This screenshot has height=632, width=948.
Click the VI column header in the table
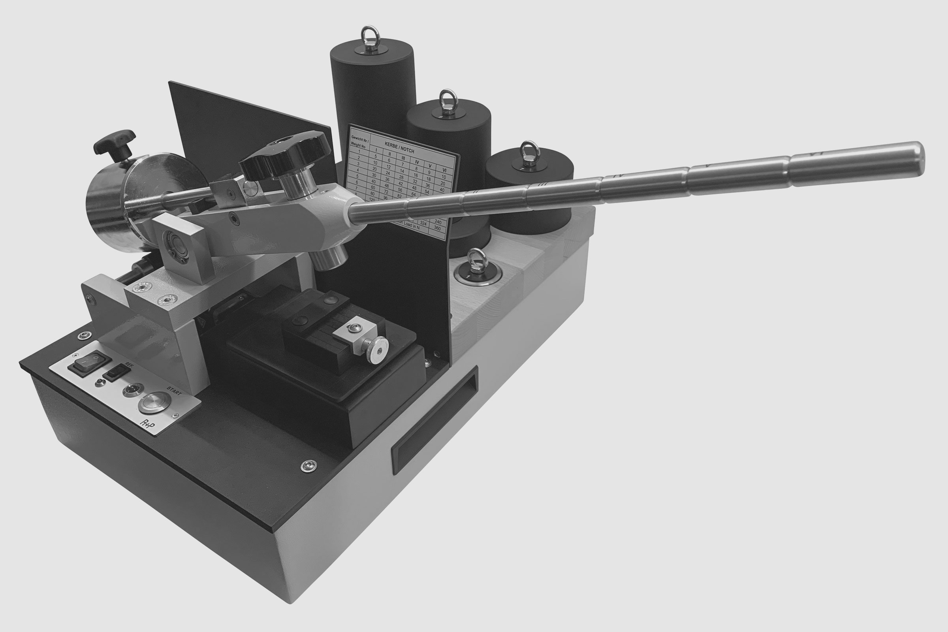click(444, 171)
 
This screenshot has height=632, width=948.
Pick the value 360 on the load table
click(438, 228)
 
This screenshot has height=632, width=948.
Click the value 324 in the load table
click(423, 222)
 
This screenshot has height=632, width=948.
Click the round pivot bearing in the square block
click(177, 245)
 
